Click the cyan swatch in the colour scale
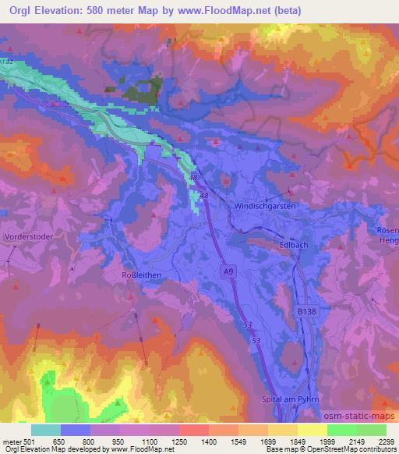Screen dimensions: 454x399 [46, 430]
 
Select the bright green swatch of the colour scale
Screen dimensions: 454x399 [343, 430]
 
